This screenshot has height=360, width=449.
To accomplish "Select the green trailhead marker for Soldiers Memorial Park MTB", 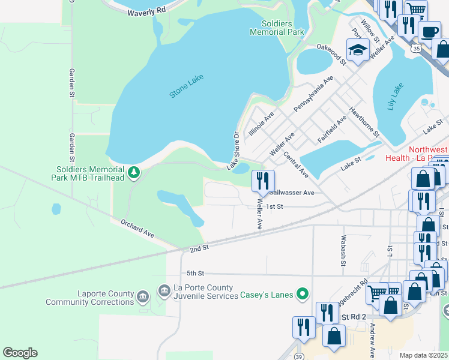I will (135, 173).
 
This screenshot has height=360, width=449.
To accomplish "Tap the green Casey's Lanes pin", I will (304, 294).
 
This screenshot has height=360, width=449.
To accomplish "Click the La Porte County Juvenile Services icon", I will (164, 291).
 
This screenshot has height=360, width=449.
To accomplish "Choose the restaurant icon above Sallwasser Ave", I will (263, 180).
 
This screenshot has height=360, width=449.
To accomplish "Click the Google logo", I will (20, 353).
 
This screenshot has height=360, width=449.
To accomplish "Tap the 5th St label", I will (196, 272).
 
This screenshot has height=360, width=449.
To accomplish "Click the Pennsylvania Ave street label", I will (313, 94).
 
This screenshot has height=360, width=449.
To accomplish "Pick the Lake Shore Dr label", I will (234, 151).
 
